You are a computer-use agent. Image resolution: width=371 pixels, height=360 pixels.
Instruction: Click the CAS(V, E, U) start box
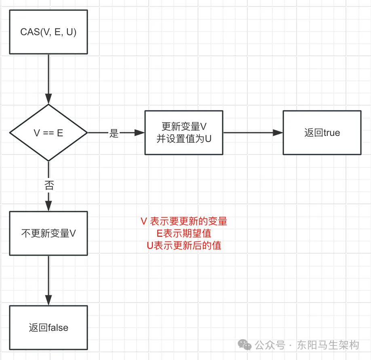point(48,32)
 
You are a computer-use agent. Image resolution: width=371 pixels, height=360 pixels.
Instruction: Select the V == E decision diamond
point(48,133)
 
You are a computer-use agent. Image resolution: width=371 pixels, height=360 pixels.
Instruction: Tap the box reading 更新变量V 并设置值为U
point(184,133)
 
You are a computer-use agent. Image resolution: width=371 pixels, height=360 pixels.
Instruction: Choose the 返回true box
point(322,133)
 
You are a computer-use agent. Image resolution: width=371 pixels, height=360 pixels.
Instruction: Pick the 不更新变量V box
point(48,233)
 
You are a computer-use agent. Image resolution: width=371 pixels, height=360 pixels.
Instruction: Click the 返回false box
point(48,328)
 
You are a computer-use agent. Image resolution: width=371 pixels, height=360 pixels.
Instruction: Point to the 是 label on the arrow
point(114,133)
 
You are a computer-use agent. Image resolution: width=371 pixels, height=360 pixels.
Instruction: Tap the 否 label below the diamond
point(48,186)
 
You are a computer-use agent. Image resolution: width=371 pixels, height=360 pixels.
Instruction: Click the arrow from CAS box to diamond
point(48,79)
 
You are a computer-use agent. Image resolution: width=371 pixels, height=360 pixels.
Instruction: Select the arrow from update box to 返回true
point(253,133)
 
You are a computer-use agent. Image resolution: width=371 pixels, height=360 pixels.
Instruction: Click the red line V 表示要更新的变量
point(184,221)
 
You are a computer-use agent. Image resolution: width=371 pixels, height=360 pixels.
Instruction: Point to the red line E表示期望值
point(184,233)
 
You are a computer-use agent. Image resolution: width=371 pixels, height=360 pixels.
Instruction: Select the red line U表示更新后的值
point(184,245)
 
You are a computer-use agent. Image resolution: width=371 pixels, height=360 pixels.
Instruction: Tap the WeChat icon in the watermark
point(245,345)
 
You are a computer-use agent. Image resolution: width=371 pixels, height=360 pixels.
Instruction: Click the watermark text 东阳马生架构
point(328,345)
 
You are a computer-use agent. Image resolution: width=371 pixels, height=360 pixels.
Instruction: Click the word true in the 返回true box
point(332,133)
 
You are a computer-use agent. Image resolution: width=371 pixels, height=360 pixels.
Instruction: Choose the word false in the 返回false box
point(58,328)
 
